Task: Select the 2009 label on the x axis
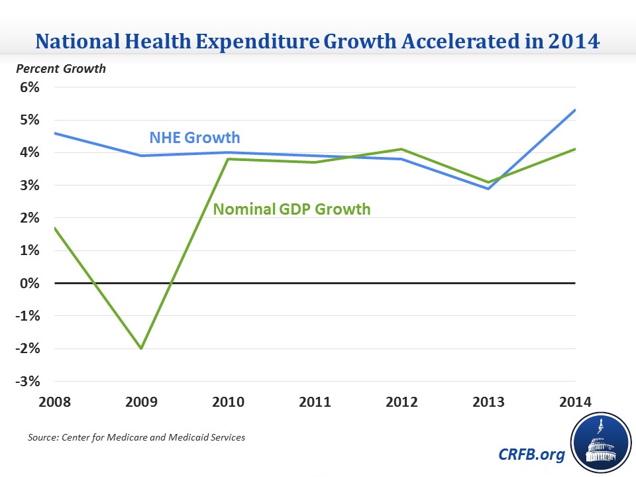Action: point(141,402)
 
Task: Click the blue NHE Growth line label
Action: point(194,138)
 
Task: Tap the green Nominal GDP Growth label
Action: point(291,209)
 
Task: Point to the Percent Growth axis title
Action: point(62,68)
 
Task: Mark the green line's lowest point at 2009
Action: point(141,348)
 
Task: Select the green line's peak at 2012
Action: point(401,149)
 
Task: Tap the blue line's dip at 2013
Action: point(488,189)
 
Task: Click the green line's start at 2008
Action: point(55,228)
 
